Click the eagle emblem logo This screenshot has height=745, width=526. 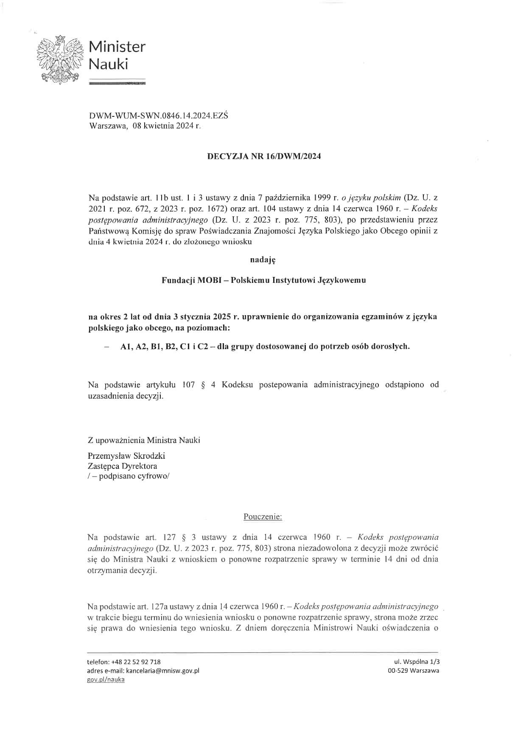[x=60, y=58]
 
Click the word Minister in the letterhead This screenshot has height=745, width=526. [x=117, y=46]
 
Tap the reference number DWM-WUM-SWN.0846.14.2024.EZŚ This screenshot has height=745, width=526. [x=158, y=116]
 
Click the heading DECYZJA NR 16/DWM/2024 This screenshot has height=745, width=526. [x=264, y=156]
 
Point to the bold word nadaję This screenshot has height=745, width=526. [x=263, y=260]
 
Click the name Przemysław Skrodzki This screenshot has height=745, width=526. [x=126, y=456]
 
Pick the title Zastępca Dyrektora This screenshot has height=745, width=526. [x=122, y=466]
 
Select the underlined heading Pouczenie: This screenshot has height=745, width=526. [x=263, y=517]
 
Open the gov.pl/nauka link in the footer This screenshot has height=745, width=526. [x=106, y=680]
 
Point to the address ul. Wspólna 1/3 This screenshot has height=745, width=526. [x=416, y=662]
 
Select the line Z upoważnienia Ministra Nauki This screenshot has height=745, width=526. [x=144, y=440]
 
